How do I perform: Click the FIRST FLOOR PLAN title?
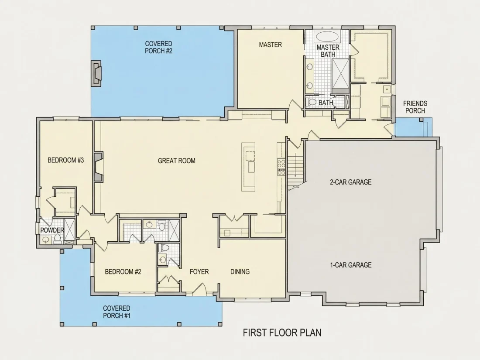pos(282,333)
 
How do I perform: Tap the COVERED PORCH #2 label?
pos(158,48)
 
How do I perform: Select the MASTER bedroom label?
pos(270,45)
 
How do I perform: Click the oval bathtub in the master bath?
pos(327,37)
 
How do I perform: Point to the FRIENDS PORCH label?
pos(415,107)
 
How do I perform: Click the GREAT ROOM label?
pos(177,161)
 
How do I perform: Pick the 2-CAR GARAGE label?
pos(350,182)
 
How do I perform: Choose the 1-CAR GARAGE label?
pos(350,265)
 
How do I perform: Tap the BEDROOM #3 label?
pos(66,160)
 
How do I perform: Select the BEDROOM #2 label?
pos(123,271)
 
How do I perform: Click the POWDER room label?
pos(52,230)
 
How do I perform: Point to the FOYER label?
pos(199,271)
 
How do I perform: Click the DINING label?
pos(240,271)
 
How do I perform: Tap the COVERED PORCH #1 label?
pos(117,312)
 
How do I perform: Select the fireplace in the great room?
pos(98,167)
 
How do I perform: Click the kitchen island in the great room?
pos(249,167)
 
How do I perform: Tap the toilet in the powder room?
pos(57,239)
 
